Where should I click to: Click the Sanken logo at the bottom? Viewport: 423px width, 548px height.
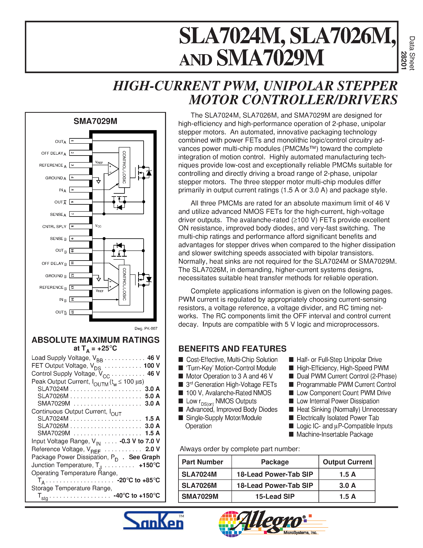[153, 521]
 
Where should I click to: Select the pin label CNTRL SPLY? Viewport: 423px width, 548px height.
[54, 227]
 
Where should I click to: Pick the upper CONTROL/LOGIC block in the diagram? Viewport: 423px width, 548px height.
[124, 167]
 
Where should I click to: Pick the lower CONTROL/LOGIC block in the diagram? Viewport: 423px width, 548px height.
[124, 285]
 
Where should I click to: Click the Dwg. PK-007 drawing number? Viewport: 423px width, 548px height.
[146, 328]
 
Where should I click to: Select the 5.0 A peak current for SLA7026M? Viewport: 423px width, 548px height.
[152, 396]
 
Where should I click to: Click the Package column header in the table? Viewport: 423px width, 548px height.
[275, 462]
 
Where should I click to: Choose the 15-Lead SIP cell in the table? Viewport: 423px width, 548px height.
[275, 496]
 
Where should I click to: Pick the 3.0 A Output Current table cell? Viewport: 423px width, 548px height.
[347, 485]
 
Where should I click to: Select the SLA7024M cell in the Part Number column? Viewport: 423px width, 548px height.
[199, 474]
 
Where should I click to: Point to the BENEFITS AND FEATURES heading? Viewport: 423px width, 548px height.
[232, 349]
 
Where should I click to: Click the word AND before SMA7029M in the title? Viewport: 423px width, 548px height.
[196, 60]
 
